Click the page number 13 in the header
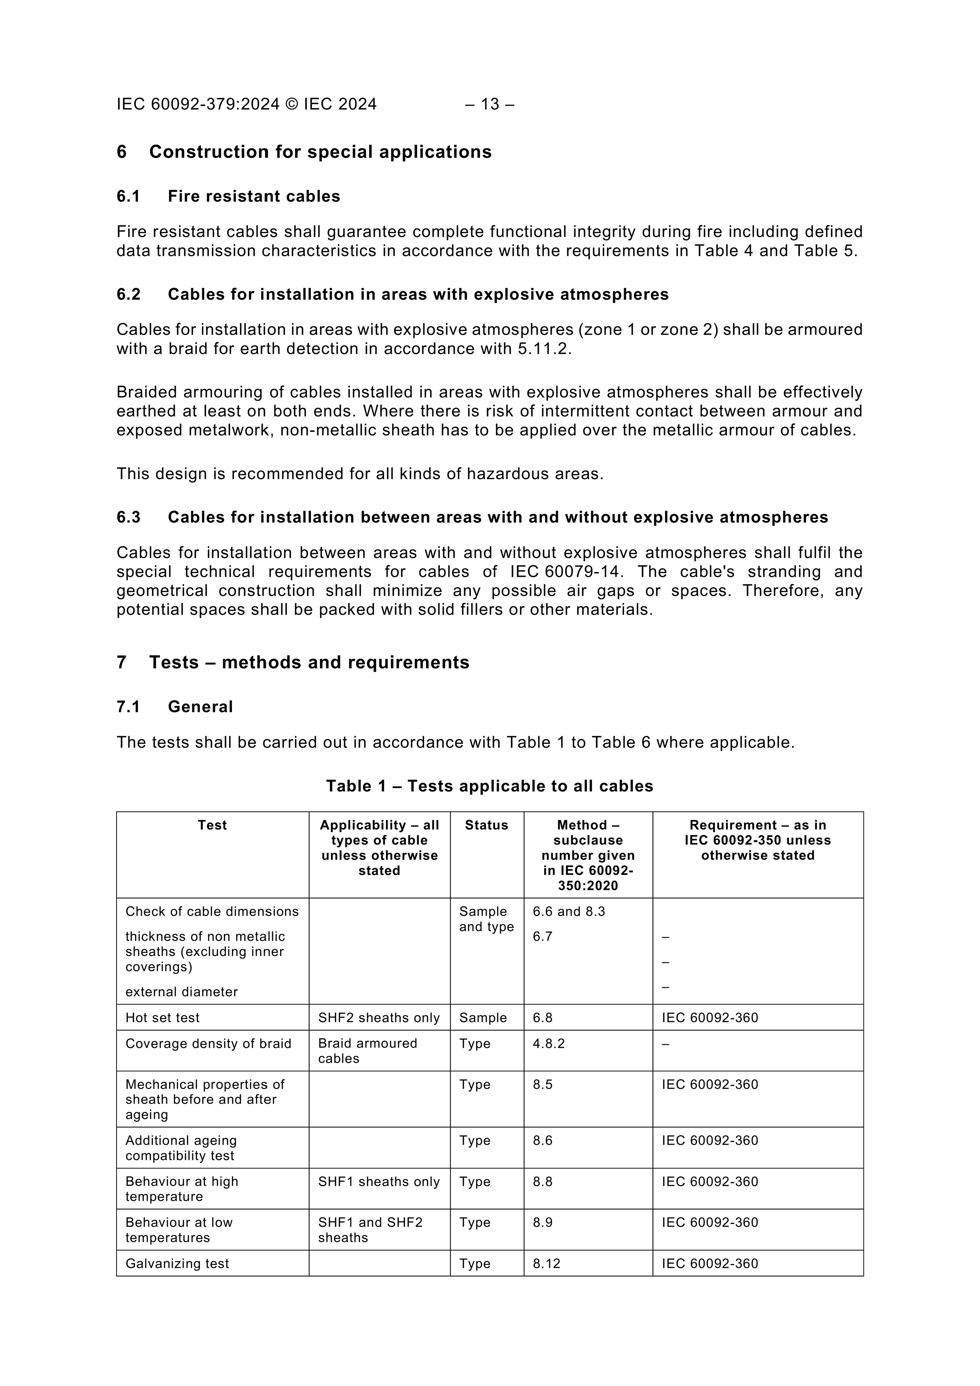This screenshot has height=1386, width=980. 490,104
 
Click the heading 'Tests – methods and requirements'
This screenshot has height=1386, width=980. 309,662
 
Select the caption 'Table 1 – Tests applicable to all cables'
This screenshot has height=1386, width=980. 490,786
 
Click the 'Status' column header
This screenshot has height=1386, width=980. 486,825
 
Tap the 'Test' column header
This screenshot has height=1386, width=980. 212,825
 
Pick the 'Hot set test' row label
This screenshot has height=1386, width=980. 162,1018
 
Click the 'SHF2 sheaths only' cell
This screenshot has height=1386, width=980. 378,1018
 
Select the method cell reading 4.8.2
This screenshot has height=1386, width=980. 548,1044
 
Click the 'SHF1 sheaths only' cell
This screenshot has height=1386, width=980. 378,1181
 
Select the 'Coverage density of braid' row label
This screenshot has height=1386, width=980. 208,1044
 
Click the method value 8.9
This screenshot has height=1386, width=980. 542,1222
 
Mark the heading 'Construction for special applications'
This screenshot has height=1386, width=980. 320,152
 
